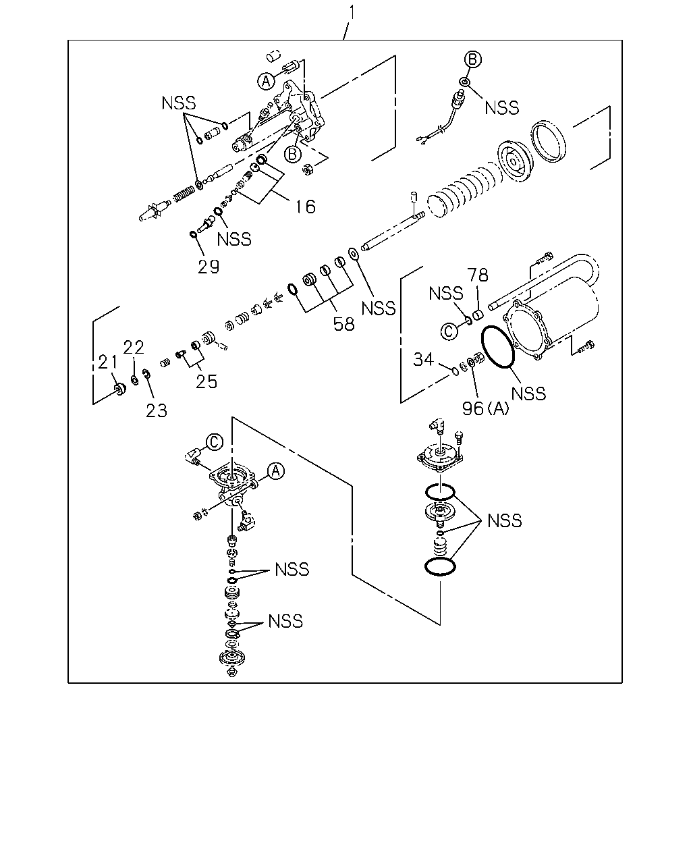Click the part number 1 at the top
coord(352,12)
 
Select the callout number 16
coord(306,207)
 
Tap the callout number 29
coord(209,267)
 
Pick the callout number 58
coord(344,325)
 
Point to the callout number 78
coord(477,275)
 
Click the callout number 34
coord(424,359)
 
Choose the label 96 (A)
coord(485,408)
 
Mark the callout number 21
coord(107,362)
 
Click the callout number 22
coord(134,347)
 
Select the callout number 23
coord(156,410)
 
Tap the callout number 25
coord(206,381)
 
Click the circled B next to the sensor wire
coord(472,59)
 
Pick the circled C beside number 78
coord(449,331)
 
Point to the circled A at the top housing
coord(266,82)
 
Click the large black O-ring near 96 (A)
coord(498,346)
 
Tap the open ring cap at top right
coord(549,140)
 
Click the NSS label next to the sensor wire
coord(502,107)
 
